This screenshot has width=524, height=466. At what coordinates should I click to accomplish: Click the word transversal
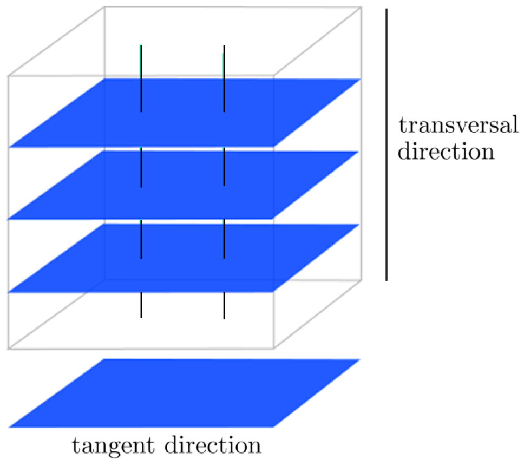pyautogui.click(x=458, y=126)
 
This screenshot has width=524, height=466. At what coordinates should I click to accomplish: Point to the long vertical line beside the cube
pyautogui.click(x=386, y=144)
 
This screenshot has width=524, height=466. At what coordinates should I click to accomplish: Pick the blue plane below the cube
pyautogui.click(x=184, y=393)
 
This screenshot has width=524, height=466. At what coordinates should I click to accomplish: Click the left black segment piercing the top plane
pyautogui.click(x=141, y=78)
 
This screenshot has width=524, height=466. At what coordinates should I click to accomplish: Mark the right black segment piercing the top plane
pyautogui.click(x=224, y=78)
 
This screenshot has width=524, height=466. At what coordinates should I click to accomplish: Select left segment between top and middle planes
pyautogui.click(x=141, y=167)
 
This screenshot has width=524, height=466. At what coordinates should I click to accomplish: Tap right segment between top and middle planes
pyautogui.click(x=224, y=167)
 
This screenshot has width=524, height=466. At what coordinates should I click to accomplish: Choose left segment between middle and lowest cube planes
pyautogui.click(x=141, y=239)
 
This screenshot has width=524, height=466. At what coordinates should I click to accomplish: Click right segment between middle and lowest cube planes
pyautogui.click(x=224, y=239)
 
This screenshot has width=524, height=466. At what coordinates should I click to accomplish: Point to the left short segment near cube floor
pyautogui.click(x=141, y=305)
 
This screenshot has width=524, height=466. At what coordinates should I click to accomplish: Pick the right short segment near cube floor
pyautogui.click(x=224, y=305)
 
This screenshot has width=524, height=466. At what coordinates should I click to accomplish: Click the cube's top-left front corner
pyautogui.click(x=9, y=76)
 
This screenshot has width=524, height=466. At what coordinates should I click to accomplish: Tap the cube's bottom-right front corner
pyautogui.click(x=273, y=348)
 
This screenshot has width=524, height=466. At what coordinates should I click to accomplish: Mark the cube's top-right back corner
pyautogui.click(x=361, y=8)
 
